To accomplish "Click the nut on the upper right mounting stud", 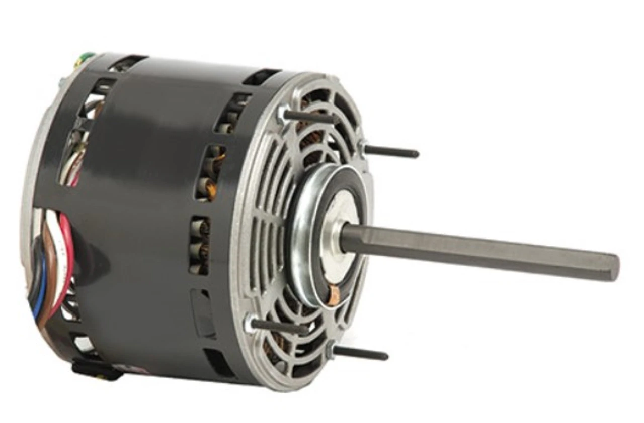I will click(x=363, y=146).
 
